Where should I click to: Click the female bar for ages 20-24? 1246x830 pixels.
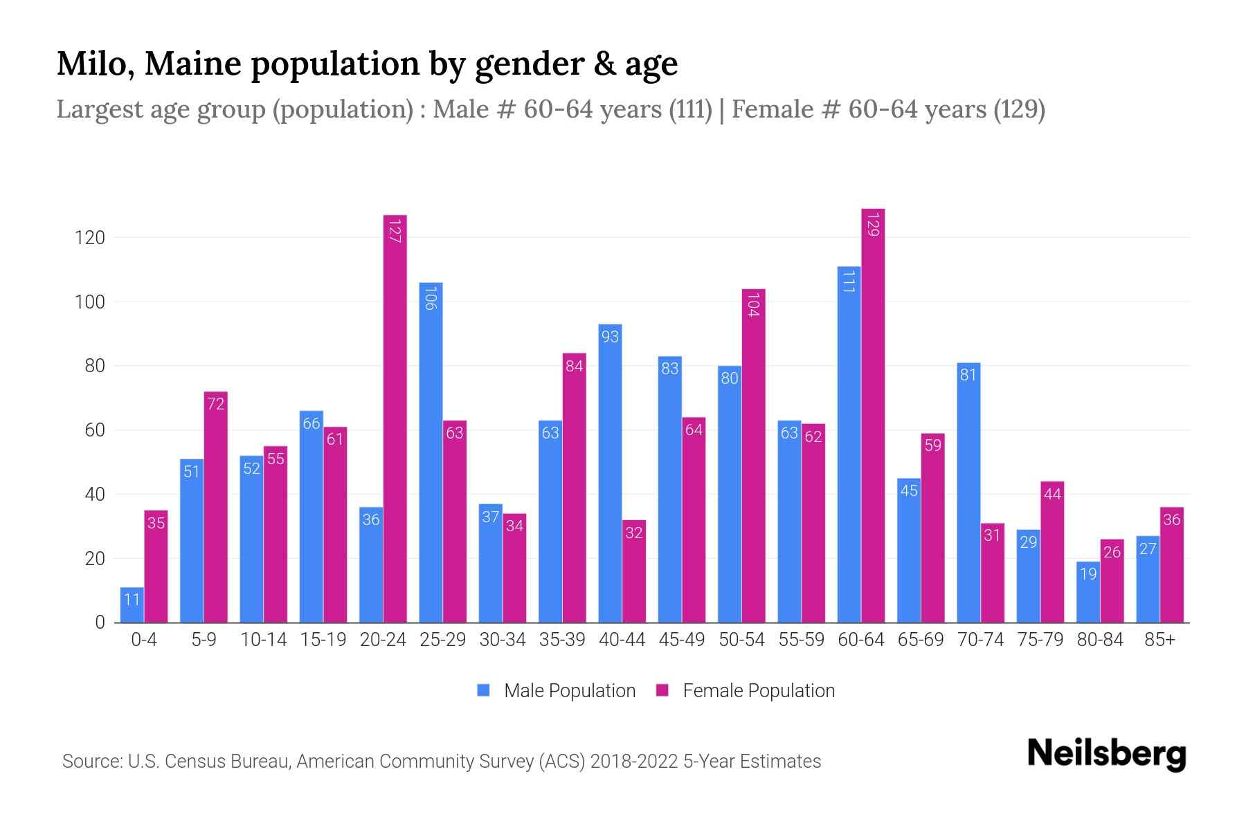point(395,418)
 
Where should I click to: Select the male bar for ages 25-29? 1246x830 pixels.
point(431,453)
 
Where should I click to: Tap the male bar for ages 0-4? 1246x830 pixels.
point(132,605)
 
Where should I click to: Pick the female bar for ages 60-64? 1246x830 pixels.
point(873,415)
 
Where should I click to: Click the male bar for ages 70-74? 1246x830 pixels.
point(968,492)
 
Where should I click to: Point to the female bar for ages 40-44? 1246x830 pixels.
point(634,571)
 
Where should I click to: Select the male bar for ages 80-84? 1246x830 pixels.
point(1088,592)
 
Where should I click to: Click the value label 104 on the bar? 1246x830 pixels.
point(754,305)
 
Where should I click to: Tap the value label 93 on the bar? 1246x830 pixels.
point(610,337)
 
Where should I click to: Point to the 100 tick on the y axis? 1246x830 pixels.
point(89,302)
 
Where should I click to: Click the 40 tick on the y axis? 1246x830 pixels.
point(94,495)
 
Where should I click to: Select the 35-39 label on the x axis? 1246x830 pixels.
point(562,640)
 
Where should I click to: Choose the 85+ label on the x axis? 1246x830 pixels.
point(1159,640)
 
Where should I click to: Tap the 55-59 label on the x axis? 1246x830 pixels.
point(801,640)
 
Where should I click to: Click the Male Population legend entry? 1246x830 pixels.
point(557,691)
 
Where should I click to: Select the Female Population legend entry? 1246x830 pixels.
point(746,691)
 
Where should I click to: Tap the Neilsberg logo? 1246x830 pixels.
point(1106,755)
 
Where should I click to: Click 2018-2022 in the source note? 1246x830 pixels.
point(634,762)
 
